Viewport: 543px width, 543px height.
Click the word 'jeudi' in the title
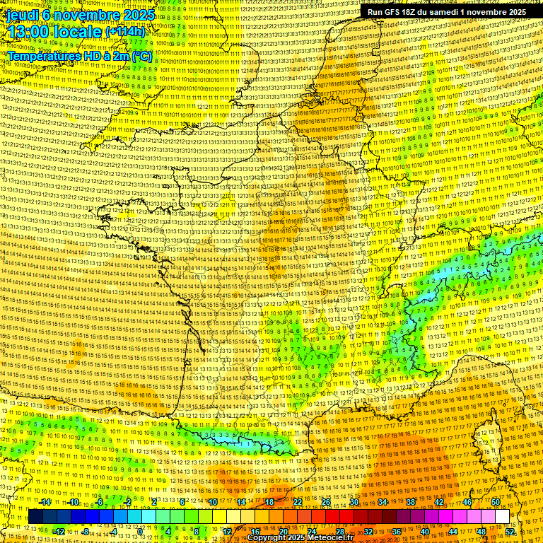(x=21, y=15)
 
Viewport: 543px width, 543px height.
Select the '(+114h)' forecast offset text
(x=126, y=32)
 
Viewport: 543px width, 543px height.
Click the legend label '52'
(x=510, y=532)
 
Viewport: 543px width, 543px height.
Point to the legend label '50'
(x=496, y=502)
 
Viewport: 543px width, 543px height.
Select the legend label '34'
(x=383, y=502)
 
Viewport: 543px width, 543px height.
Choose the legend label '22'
(x=298, y=502)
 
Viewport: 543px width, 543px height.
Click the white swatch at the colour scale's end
(x=503, y=517)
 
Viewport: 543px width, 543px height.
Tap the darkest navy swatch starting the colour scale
(x=36, y=517)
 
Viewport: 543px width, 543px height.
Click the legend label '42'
(x=439, y=502)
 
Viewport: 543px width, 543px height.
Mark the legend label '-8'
(x=86, y=532)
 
